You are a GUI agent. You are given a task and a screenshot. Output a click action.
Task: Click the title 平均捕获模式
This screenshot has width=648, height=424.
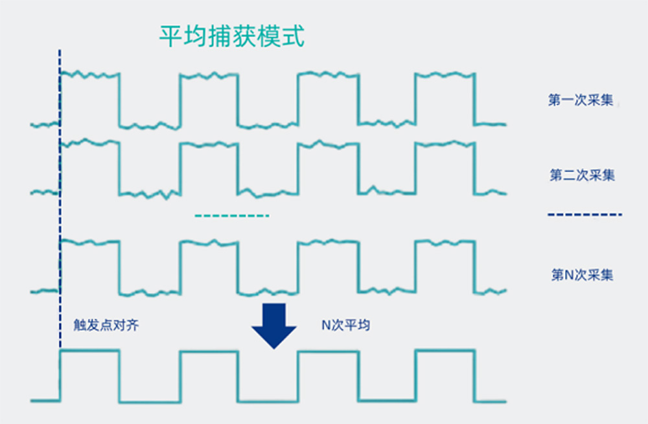coord(231,37)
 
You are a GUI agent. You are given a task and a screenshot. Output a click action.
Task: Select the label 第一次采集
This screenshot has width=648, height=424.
coord(581,100)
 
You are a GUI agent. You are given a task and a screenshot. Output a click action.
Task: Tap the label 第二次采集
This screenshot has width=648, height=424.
coord(582,175)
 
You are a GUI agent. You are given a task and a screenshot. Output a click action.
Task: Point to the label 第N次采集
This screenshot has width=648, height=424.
coord(582,275)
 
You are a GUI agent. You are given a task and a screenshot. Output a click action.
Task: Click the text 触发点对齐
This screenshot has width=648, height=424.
coord(106,325)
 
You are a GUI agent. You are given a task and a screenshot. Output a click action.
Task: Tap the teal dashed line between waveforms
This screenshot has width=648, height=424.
coord(231,215)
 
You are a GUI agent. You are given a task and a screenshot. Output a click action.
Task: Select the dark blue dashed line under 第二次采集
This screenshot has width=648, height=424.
coord(584,214)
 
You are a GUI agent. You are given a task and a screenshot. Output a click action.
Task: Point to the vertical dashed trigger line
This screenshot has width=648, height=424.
coord(60,194)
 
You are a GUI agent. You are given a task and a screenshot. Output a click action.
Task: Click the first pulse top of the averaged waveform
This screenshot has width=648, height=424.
coord(89,351)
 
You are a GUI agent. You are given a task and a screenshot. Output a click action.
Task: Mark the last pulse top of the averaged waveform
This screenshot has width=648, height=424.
coord(445,351)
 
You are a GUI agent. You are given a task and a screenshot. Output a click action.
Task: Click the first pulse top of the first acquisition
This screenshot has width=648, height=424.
coord(89,74)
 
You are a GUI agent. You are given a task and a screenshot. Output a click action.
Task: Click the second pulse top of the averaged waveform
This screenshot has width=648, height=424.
coord(209,351)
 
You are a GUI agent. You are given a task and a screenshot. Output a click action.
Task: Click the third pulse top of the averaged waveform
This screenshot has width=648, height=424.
coord(327,351)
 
